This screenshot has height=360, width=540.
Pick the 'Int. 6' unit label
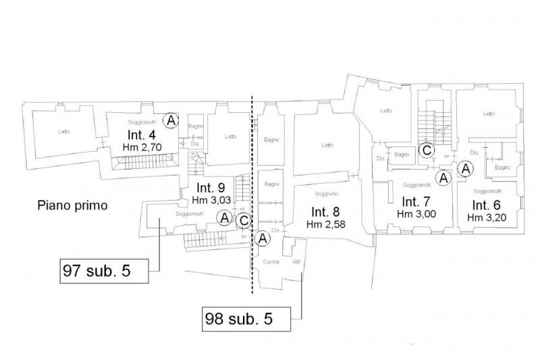(x=485, y=205)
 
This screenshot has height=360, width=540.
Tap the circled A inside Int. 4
(x=172, y=120)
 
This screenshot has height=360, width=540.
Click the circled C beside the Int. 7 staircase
(x=426, y=151)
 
